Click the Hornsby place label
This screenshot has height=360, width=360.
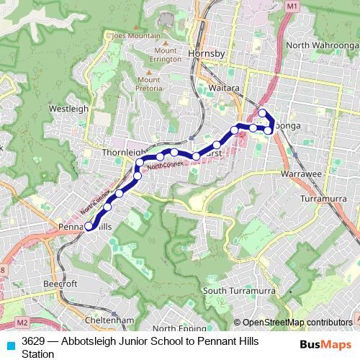(x=207, y=54)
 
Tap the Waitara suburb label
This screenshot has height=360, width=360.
(x=204, y=84)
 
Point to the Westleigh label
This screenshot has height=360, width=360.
(x=68, y=108)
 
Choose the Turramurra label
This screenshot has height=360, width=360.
(x=324, y=197)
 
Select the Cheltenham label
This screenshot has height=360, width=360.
(x=109, y=320)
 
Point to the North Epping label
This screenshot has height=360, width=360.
(x=176, y=329)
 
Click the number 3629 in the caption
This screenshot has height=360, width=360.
(x=35, y=340)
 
